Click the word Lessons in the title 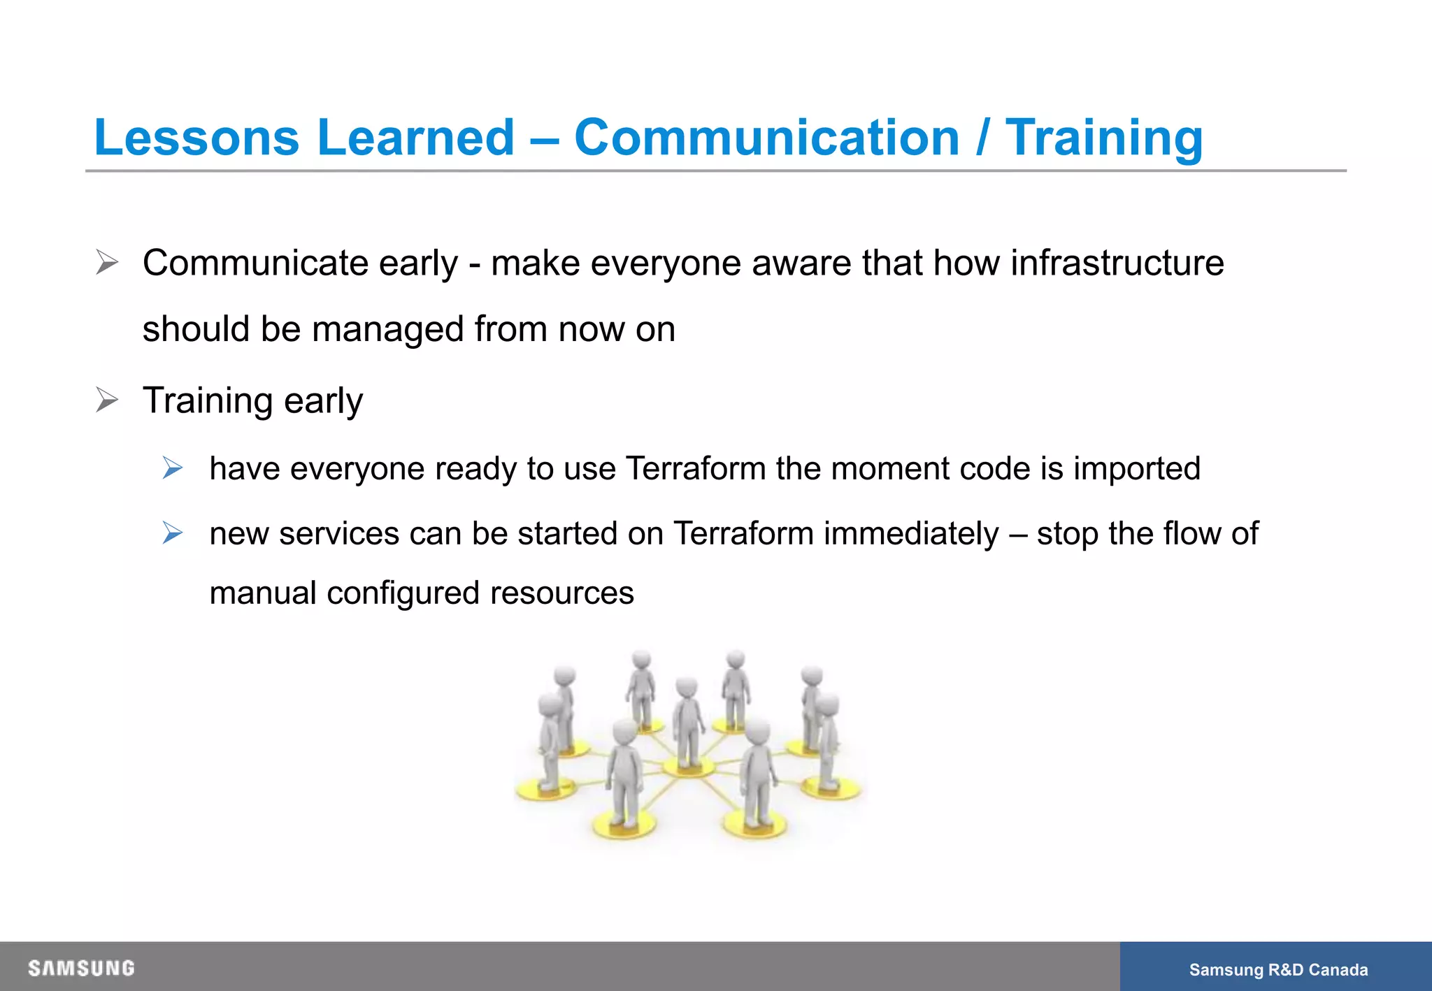196,137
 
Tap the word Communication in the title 766,137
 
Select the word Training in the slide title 1104,137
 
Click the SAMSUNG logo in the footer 81,968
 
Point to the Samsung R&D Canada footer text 1278,969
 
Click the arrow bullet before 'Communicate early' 107,263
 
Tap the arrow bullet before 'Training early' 107,400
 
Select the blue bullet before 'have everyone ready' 172,468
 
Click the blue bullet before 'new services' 172,533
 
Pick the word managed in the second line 388,329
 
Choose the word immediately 911,533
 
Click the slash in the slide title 982,137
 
